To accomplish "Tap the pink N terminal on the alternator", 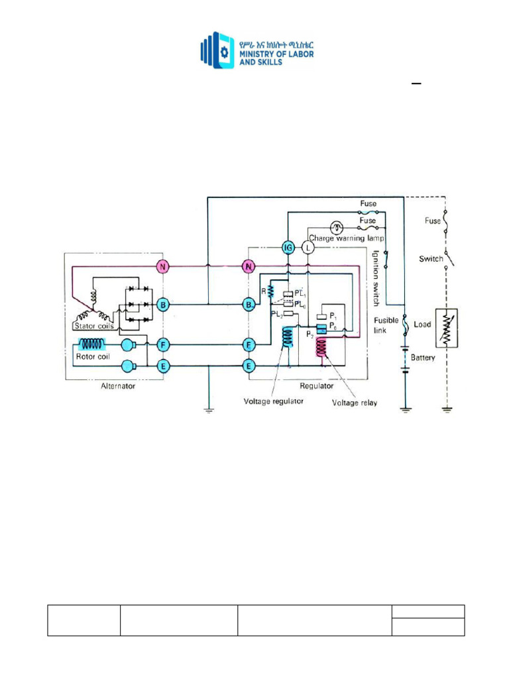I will [x=162, y=266].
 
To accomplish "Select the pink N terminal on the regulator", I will [x=249, y=266].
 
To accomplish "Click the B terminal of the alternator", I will [x=162, y=305].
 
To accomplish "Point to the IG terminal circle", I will [x=288, y=247].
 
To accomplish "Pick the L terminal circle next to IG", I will [x=308, y=247].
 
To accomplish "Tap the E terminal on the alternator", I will [x=162, y=365].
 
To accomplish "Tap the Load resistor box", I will [x=447, y=328].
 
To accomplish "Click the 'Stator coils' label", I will [x=93, y=326].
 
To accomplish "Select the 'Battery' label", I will [x=422, y=357].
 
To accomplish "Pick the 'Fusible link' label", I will [x=386, y=324].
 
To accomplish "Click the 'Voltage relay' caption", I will [x=355, y=402].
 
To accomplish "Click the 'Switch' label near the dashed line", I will [x=430, y=259].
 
